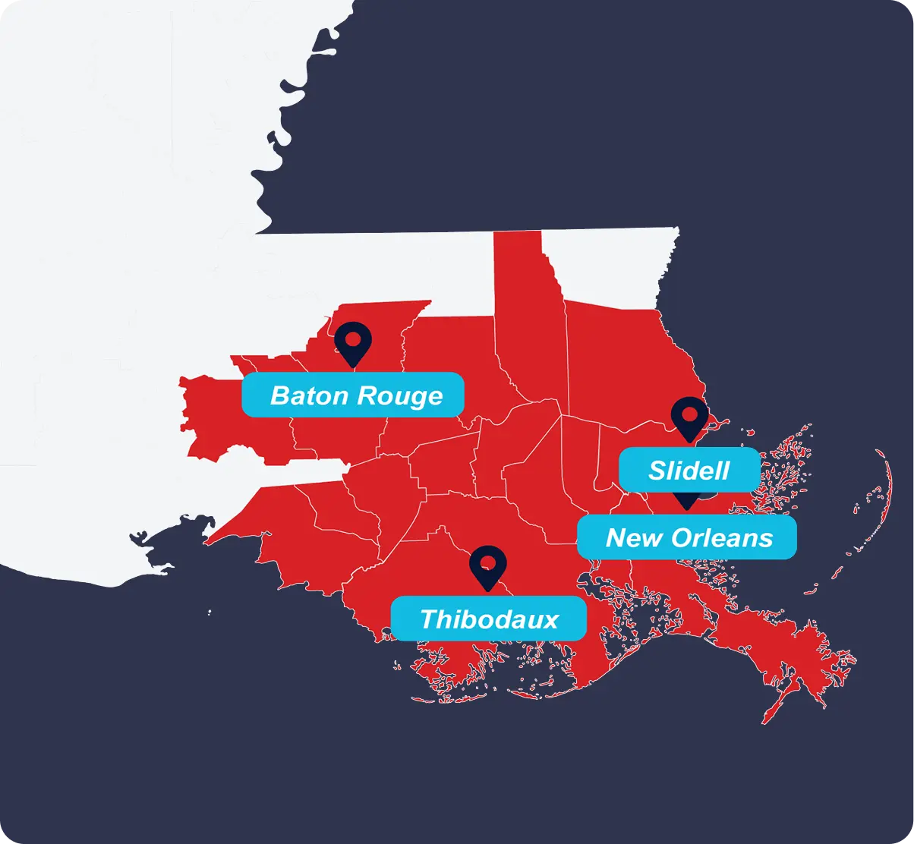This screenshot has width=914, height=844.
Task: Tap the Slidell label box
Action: coord(689,470)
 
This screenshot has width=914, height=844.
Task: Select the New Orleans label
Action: coord(688,538)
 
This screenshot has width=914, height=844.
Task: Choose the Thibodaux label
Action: coord(488,619)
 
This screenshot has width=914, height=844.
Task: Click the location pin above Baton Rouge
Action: coord(353,343)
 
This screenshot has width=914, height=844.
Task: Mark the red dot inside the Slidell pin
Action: coord(689,414)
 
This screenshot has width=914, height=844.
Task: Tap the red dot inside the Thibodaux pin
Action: coord(488,562)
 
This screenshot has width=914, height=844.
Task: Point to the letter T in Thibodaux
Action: coord(427,619)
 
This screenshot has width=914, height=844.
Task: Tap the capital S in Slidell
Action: coord(657,471)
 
